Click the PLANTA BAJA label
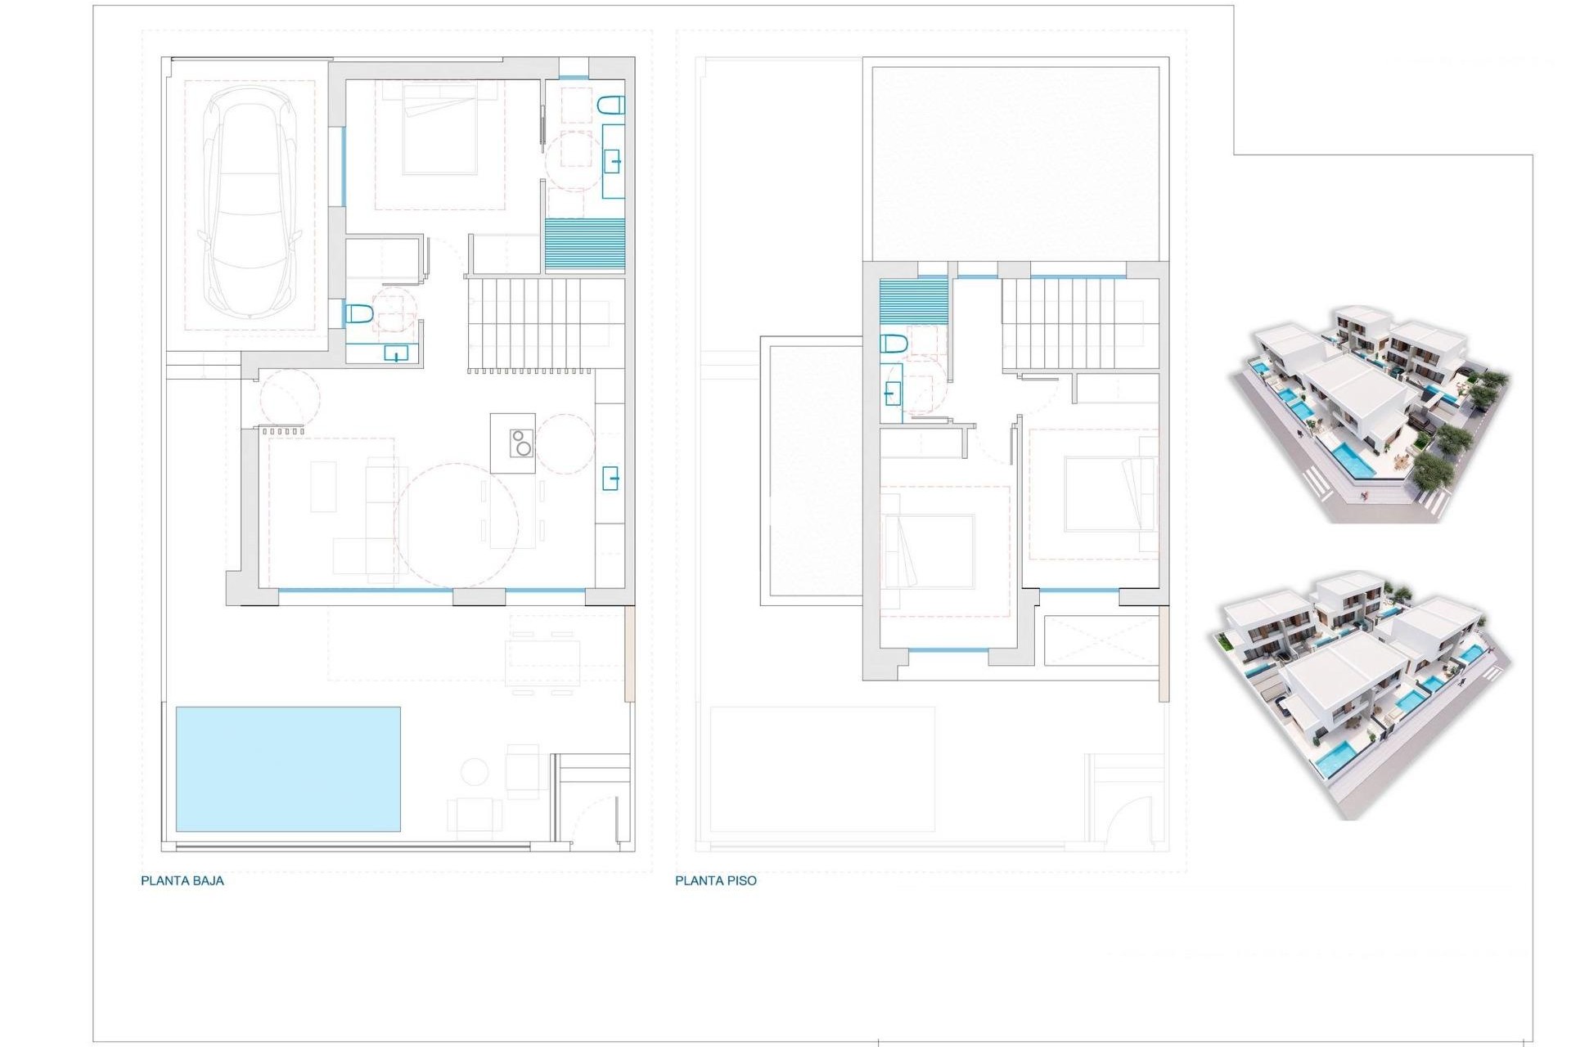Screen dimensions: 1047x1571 coord(182,881)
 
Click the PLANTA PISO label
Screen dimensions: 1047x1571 coord(716,881)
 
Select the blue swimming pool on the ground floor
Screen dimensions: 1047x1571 coord(288,769)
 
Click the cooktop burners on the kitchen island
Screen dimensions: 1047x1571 coord(521,443)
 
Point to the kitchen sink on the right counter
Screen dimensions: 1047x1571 coord(610,477)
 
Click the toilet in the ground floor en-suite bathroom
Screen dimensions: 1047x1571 coord(610,105)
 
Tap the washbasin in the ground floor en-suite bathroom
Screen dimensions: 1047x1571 coord(613,161)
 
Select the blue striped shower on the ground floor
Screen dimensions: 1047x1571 coord(585,245)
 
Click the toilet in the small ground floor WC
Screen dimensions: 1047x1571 coord(359,313)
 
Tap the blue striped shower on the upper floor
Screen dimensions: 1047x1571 coord(914,303)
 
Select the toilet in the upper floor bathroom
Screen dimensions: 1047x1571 coord(894,344)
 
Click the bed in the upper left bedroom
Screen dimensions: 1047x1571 coord(929,550)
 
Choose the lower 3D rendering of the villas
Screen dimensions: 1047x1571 coord(1358,694)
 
